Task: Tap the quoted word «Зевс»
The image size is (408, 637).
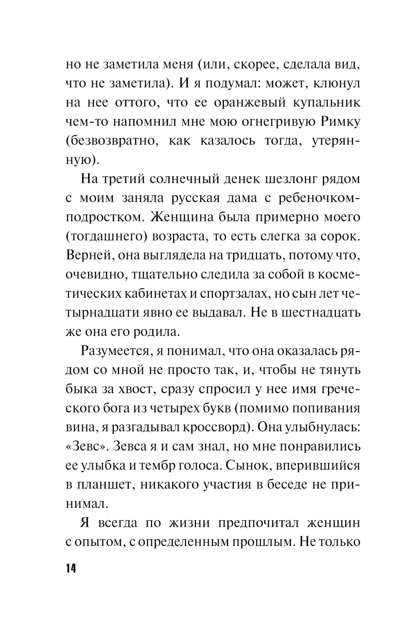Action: [x=85, y=446]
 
